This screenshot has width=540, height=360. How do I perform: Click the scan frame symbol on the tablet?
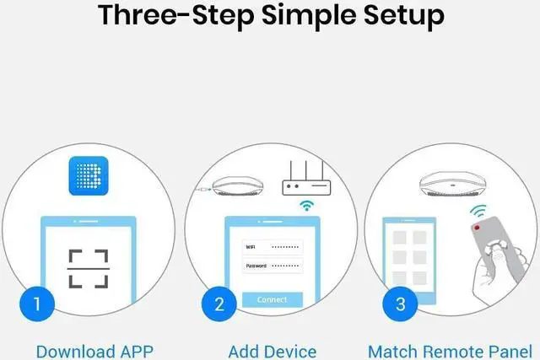pos(88,268)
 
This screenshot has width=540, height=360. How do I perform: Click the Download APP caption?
pos(94,351)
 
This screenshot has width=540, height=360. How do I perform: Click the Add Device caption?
pos(273,351)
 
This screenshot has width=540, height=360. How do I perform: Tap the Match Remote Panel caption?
pos(451,351)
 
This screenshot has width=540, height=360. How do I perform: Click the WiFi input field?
pos(272,246)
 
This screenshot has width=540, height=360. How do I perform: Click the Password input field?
pos(272,266)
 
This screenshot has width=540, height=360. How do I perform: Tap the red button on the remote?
pos(478,228)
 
